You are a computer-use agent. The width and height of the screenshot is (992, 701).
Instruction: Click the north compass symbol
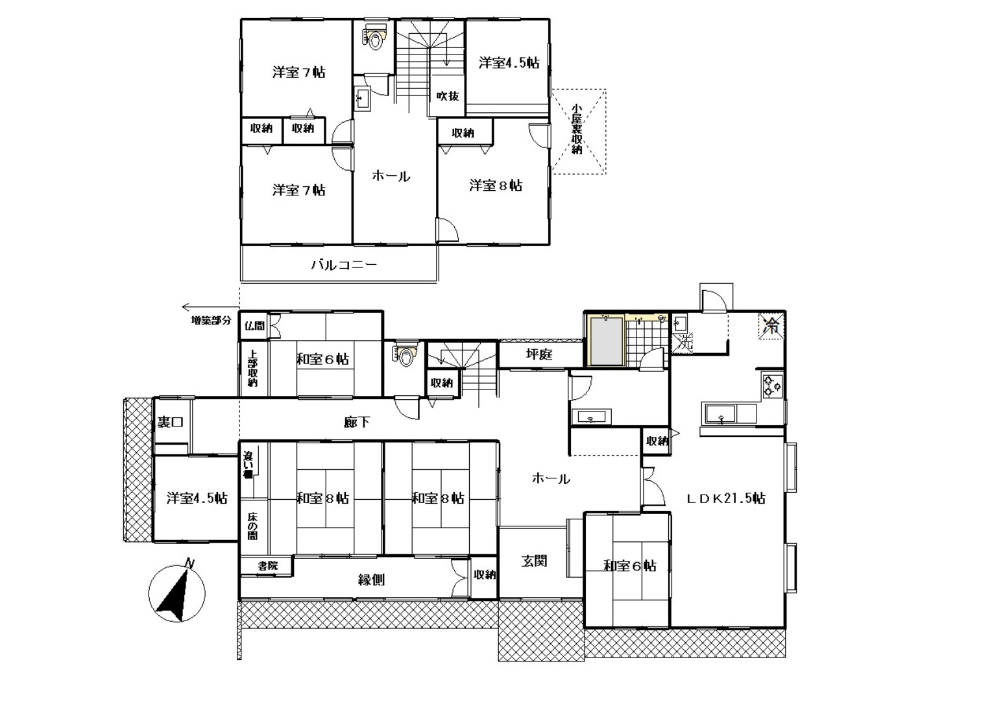point(176,593)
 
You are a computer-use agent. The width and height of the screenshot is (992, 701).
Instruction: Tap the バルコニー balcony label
point(344,265)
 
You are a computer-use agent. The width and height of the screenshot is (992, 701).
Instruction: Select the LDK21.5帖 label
point(726,498)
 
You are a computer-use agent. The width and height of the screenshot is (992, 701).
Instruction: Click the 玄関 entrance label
point(534,561)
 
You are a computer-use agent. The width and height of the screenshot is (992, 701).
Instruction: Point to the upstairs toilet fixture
point(374,38)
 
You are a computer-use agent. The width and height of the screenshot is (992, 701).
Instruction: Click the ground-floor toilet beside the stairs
point(405,354)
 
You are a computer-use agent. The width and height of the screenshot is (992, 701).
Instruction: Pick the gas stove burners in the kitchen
point(773,386)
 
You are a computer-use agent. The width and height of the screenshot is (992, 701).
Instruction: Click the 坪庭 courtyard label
point(539,354)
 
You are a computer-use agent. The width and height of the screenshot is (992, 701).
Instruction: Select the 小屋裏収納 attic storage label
point(576,129)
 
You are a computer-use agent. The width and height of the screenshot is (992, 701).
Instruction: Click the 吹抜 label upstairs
point(447,95)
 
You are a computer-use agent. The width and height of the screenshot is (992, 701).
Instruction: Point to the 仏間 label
point(254,326)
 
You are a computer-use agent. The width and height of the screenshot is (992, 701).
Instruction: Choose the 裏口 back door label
point(171,422)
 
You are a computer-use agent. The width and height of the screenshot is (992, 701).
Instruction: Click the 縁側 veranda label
point(371,580)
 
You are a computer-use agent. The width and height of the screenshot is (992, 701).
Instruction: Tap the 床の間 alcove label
point(252,526)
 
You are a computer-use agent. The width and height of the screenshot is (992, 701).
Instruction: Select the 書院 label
point(268,566)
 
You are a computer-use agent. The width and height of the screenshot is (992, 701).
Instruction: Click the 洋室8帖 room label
point(496,185)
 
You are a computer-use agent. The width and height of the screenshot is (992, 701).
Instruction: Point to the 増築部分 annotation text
point(212,321)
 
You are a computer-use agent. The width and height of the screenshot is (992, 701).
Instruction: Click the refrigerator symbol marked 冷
point(771,326)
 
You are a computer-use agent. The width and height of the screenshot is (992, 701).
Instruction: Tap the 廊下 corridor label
point(357,422)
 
